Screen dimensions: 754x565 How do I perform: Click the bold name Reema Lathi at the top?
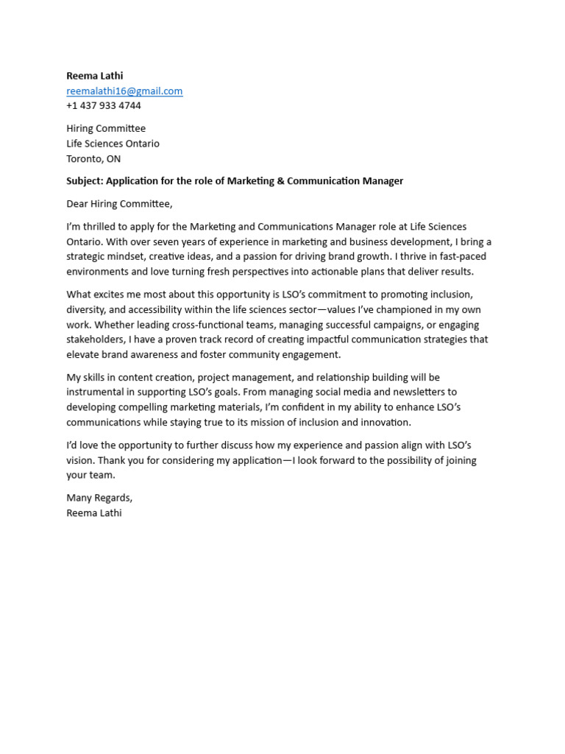click(95, 76)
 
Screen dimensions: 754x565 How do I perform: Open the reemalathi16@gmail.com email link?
click(124, 91)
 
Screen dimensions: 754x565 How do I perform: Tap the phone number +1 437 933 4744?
click(104, 106)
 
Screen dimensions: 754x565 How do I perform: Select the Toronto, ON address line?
click(93, 159)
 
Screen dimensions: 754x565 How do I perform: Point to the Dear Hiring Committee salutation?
click(119, 204)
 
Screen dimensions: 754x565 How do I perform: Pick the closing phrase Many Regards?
click(99, 498)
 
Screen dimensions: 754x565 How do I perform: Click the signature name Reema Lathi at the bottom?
click(94, 513)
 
